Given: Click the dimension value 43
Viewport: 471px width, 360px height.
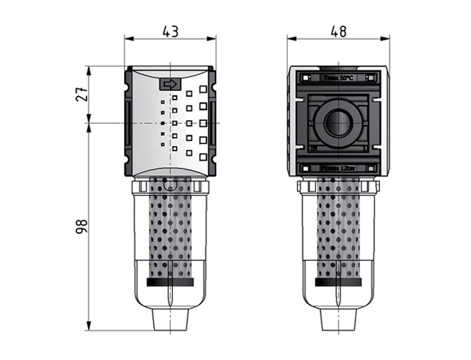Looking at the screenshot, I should [170, 31].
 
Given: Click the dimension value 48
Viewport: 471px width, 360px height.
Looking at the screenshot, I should [338, 31].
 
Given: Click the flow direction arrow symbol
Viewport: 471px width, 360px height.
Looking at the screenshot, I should [169, 84].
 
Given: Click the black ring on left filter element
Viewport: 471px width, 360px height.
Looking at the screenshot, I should [170, 282].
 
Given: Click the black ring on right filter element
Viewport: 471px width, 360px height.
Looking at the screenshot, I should [338, 282].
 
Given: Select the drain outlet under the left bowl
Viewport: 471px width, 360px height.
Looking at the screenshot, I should [170, 319].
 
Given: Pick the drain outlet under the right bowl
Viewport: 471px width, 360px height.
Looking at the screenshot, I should [338, 319].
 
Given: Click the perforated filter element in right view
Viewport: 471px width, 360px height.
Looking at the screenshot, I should [338, 229].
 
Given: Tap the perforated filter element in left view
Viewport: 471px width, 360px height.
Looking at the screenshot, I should [170, 229].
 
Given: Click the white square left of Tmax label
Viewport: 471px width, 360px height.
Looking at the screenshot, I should [305, 78].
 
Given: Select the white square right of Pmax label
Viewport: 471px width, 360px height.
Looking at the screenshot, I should [371, 169].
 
